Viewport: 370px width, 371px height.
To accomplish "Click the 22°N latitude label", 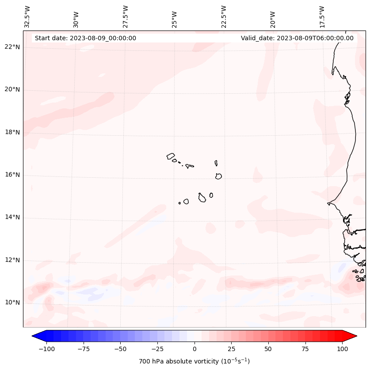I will pos(12,47).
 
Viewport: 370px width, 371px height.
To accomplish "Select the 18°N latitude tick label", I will pos(12,132).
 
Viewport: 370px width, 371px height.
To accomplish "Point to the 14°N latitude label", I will pos(12,217).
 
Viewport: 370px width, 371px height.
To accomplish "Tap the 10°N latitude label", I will pos(12,302).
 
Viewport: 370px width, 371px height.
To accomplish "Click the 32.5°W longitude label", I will pos(27,16).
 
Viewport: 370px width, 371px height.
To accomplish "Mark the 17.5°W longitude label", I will pos(322,16).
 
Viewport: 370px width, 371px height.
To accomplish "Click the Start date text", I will pos(85,38).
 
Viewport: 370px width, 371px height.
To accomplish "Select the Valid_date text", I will pos(297,38).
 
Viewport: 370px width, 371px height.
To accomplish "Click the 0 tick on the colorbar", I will pos(195,349).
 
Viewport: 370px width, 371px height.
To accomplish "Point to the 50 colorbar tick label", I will pos(268,349).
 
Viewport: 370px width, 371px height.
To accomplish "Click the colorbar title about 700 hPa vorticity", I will pos(195,361).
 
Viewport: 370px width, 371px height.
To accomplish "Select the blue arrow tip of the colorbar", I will pos(36,336).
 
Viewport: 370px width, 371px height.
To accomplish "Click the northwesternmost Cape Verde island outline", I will pos(171,156).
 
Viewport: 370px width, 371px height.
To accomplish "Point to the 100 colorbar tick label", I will pos(342,349).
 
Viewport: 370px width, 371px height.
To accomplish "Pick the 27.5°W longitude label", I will pos(126,16).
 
